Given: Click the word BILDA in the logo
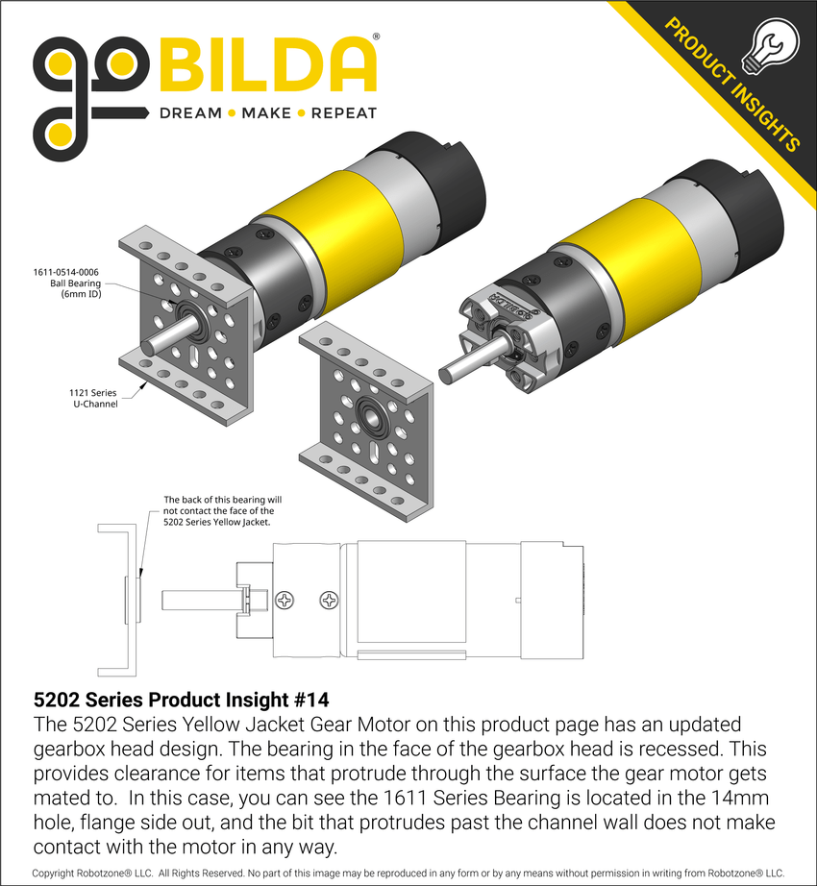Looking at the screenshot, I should [x=267, y=65].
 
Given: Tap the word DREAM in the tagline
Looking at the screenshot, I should [x=189, y=113].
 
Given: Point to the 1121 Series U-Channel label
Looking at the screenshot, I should [x=93, y=398].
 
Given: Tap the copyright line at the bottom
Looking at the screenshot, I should [x=408, y=873].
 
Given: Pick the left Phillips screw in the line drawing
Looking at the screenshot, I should [x=286, y=601].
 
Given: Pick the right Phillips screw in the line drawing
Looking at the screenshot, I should [x=331, y=601].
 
